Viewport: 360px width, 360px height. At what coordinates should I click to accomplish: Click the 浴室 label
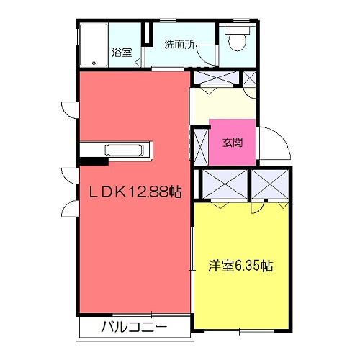click(x=122, y=52)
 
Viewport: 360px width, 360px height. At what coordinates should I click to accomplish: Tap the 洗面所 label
click(x=179, y=44)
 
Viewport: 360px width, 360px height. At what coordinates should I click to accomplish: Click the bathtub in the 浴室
click(x=94, y=45)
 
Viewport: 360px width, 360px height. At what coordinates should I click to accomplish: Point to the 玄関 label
click(x=232, y=141)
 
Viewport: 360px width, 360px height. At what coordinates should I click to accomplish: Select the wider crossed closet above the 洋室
click(x=222, y=184)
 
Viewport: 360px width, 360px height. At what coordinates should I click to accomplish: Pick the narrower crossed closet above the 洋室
click(x=268, y=184)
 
